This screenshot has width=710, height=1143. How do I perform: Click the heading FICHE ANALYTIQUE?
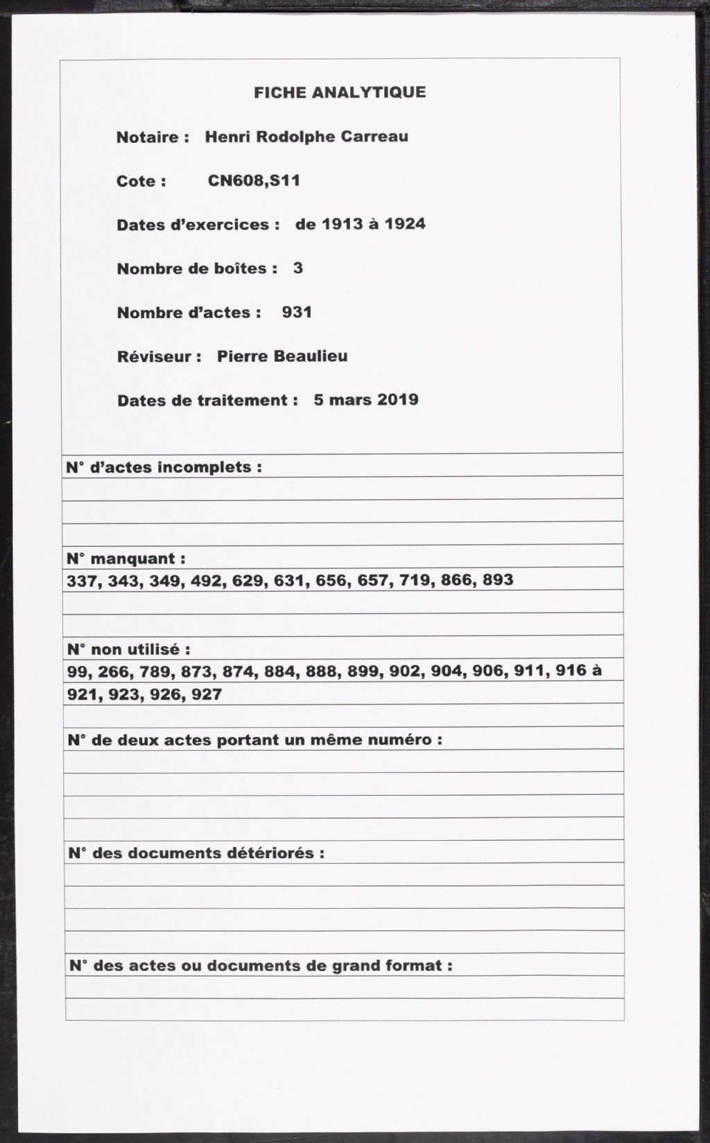pos(340,92)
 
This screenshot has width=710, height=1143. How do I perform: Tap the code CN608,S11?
pos(254,181)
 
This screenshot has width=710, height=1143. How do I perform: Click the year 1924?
pos(405,224)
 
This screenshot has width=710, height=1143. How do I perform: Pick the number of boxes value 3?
pos(298,268)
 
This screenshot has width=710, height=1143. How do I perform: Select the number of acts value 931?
pos(297,312)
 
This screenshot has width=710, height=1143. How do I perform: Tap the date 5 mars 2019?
pos(366,400)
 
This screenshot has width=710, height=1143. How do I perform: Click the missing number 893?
pos(498,579)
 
